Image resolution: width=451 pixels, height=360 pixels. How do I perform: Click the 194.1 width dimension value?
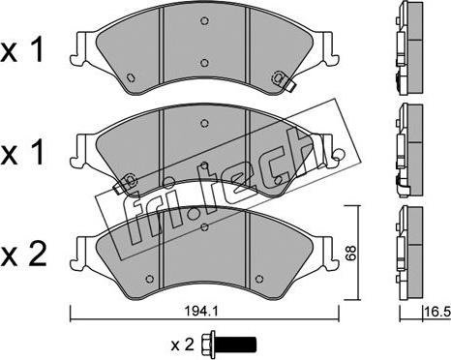[x=196, y=312]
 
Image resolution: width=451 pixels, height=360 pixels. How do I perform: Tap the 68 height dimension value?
[x=350, y=253]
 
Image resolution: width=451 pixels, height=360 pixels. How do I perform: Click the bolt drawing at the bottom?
[x=228, y=344]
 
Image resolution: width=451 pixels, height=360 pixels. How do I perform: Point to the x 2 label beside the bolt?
[x=183, y=345]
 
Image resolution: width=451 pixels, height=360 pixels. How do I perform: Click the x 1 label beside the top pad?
[x=22, y=51]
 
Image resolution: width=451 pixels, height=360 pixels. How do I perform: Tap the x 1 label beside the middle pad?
[x=22, y=154]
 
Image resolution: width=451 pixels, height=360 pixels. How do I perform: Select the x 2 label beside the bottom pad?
[x=23, y=255]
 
